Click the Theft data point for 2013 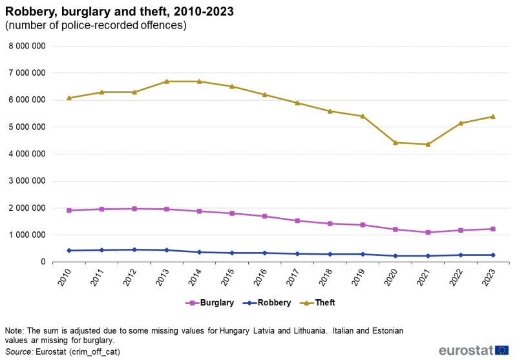(167, 81)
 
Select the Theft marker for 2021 (428, 144)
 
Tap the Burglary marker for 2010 (69, 210)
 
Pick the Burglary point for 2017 (297, 220)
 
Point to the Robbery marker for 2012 (134, 249)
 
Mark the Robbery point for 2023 (493, 255)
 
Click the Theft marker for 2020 (395, 142)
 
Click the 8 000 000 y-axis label (27, 46)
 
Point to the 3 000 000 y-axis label (27, 181)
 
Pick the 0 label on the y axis (42, 262)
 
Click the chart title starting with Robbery (120, 12)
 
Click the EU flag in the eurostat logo (501, 350)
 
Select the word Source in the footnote (20, 352)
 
